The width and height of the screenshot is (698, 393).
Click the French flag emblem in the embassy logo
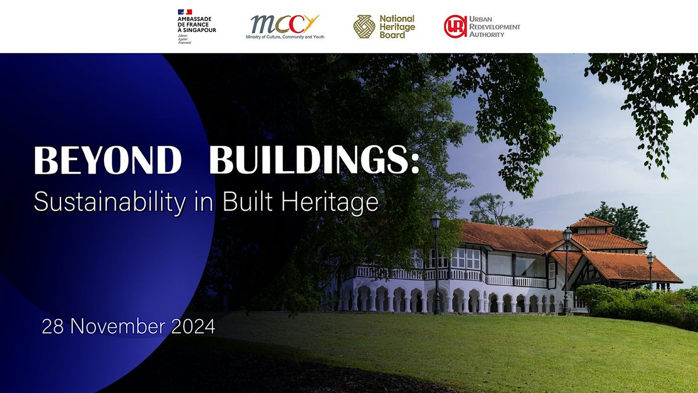pos(185,12)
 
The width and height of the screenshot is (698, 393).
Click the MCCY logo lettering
pos(284,24)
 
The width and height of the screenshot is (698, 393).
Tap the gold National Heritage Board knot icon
pos(364,27)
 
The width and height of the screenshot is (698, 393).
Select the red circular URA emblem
pos(455,27)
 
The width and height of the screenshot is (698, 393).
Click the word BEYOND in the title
pos(108,160)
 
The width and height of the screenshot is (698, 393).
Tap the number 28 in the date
pos(52,327)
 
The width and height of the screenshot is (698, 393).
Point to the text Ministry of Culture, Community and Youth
pos(284,37)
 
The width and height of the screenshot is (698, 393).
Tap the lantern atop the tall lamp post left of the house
pos(436,220)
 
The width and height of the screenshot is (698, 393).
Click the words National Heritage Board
pos(397,27)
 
